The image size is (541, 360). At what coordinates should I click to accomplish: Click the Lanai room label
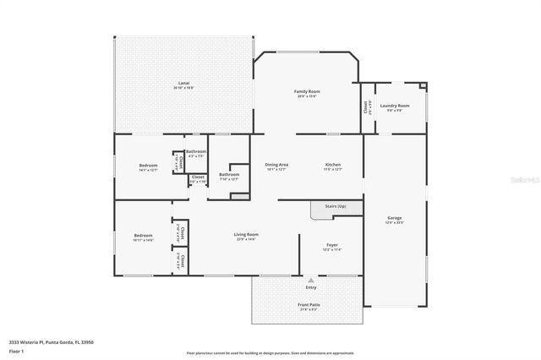[183, 83]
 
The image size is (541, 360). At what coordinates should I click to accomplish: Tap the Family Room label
[307, 91]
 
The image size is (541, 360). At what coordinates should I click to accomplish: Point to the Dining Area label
[276, 164]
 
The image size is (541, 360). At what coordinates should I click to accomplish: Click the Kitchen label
[333, 164]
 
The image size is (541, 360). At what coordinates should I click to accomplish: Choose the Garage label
[396, 217]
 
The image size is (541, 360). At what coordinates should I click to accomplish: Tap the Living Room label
[247, 234]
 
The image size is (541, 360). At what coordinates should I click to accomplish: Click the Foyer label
[333, 245]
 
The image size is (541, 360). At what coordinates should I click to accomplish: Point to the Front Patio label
[309, 304]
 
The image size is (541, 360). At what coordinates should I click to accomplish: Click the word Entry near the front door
[311, 287]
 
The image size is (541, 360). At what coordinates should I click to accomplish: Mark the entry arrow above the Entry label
[311, 280]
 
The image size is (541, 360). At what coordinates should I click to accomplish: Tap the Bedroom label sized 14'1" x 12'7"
[147, 165]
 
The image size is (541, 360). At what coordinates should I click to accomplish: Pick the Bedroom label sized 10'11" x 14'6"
[142, 235]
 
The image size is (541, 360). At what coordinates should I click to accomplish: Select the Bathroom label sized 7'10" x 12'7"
[229, 175]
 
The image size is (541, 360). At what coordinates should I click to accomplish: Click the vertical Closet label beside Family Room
[366, 107]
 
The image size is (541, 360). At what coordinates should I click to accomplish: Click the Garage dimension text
[396, 222]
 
